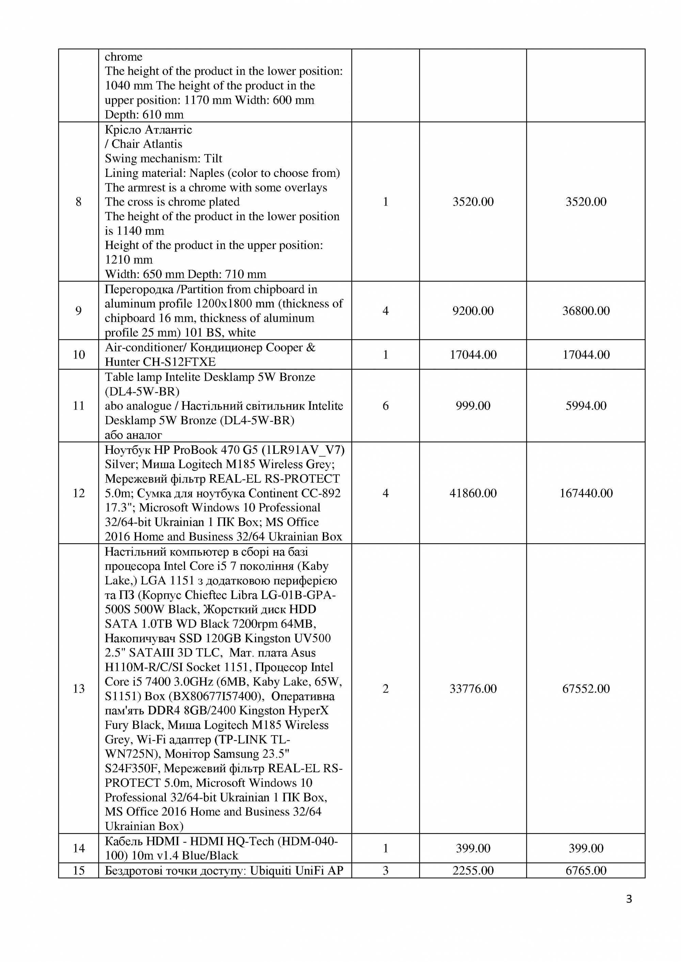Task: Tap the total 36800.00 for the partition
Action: point(586,311)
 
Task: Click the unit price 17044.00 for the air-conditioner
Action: point(473,355)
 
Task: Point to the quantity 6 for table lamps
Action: point(385,405)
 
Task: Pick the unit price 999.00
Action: point(473,405)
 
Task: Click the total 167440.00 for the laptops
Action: point(586,493)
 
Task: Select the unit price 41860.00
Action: point(473,493)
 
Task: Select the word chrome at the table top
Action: point(123,56)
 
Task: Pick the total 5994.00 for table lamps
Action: point(586,405)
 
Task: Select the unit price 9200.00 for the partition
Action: point(473,311)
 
